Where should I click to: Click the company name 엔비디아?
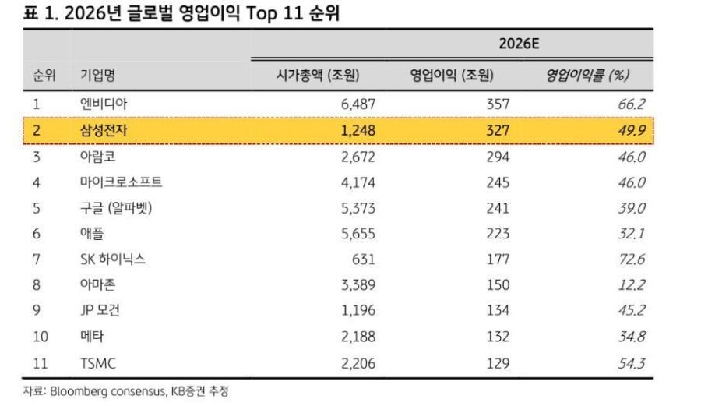click(x=102, y=104)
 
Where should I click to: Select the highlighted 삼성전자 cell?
click(x=103, y=131)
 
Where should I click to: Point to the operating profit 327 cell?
click(x=497, y=131)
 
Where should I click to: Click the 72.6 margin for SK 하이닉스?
click(x=631, y=259)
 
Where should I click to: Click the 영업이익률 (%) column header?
click(x=587, y=76)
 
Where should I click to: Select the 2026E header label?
click(x=519, y=44)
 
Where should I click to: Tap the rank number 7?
click(x=37, y=259)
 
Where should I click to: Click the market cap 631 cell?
click(x=364, y=259)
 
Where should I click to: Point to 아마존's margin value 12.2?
click(x=631, y=285)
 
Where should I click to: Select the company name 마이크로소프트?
click(x=121, y=182)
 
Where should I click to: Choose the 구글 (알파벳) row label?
click(x=114, y=208)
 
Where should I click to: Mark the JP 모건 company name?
click(x=100, y=311)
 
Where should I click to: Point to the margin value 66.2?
click(x=631, y=104)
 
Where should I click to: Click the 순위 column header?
click(x=44, y=76)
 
